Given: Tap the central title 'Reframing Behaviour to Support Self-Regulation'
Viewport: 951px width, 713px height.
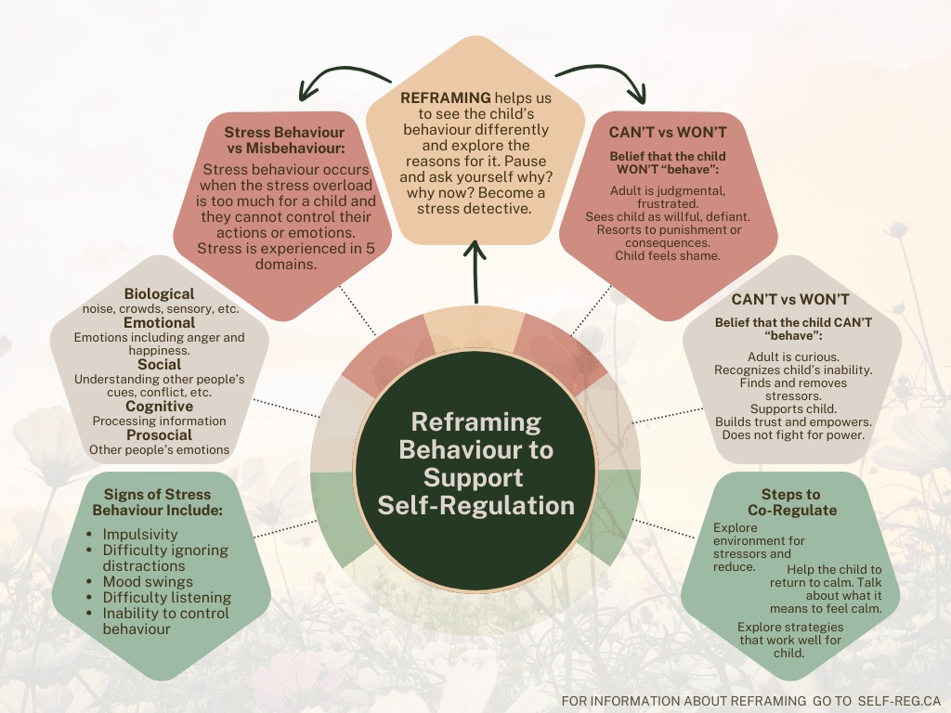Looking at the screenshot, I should pos(475,464).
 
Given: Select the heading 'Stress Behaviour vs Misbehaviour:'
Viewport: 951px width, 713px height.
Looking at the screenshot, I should pos(284,139).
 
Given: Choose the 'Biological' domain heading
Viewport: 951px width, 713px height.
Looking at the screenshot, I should pos(159,294).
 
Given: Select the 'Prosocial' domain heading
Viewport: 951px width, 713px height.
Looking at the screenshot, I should pos(159,434).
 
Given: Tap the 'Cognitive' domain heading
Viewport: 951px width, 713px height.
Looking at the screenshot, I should pos(159,407).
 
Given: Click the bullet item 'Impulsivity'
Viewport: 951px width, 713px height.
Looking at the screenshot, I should pos(140,535).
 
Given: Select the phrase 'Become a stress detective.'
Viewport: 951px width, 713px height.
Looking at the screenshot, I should pos(475,200).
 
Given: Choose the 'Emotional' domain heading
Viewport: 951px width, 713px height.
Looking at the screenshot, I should pos(159,323).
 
